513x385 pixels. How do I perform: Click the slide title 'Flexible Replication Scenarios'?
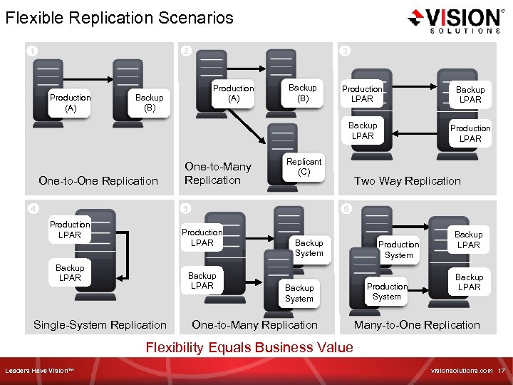(x=119, y=18)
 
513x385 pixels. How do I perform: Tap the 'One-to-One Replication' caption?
(x=98, y=181)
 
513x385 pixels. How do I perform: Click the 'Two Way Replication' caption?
(x=408, y=181)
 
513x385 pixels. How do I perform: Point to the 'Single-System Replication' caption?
(x=100, y=325)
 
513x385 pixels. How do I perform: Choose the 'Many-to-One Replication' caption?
(x=417, y=325)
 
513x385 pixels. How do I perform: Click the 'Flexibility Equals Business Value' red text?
(x=249, y=348)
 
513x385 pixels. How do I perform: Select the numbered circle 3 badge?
(x=345, y=51)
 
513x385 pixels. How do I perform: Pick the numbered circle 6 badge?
(x=345, y=209)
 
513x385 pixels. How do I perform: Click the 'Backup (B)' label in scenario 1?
(x=149, y=103)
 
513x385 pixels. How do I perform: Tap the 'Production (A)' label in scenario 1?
(x=71, y=103)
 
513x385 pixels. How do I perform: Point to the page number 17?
(x=501, y=371)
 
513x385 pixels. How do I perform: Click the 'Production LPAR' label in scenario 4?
(x=70, y=230)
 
